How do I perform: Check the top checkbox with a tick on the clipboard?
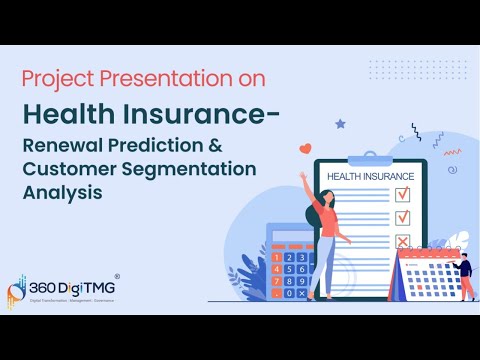[x=403, y=193]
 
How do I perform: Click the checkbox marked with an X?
[x=403, y=240]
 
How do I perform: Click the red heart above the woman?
[x=306, y=149]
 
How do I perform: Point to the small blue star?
[x=340, y=123]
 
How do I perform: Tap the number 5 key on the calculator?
[x=289, y=268]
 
